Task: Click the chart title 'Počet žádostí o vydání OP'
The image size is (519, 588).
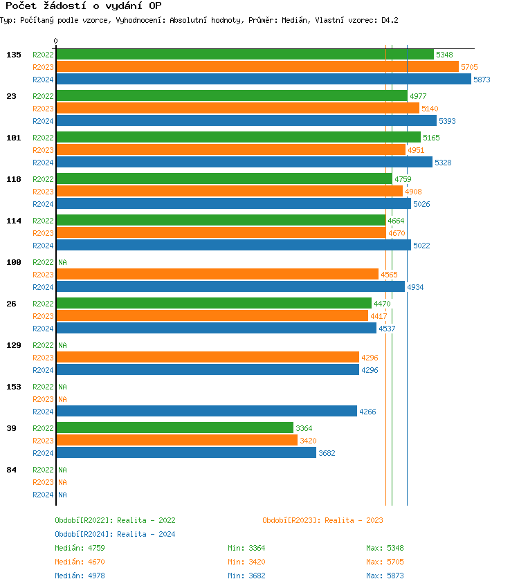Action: coord(83,6)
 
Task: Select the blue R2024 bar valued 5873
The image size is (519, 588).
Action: coord(263,80)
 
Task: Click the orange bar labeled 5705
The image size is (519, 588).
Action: coord(257,67)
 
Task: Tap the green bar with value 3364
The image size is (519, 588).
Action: coord(174,428)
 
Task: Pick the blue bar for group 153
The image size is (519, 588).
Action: coord(206,412)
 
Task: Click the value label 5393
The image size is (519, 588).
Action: coord(447,121)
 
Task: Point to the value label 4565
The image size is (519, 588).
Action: coord(389,275)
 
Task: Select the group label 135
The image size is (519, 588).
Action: coord(14,55)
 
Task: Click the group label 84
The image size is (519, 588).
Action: coord(11,470)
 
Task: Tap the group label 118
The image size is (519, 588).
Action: coord(14,179)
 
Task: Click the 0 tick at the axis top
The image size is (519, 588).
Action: coord(55,42)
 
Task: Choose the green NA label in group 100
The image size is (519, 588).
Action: coord(62,262)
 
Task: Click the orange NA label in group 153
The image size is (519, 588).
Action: coord(62,399)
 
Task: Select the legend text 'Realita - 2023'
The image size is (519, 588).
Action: coord(354,520)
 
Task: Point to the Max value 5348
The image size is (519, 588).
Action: coord(395,548)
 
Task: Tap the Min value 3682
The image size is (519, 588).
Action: coord(257,576)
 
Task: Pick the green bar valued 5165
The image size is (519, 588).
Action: coord(238,138)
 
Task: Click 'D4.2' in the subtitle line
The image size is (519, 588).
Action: coord(390,21)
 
